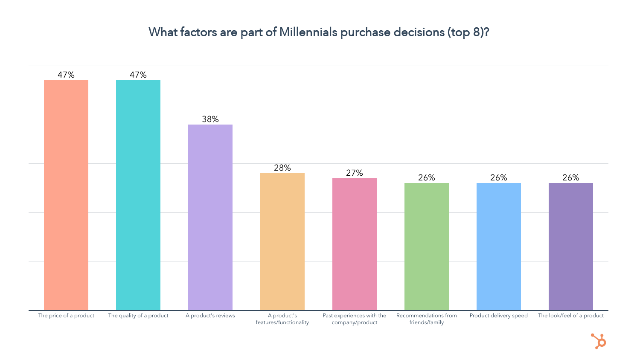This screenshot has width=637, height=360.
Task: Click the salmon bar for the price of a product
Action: (x=66, y=195)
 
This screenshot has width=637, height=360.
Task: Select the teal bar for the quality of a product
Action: (x=138, y=195)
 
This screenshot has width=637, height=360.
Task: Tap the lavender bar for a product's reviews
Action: (x=210, y=217)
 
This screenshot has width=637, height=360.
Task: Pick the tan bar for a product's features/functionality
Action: (x=282, y=241)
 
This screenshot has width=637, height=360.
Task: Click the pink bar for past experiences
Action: (x=355, y=244)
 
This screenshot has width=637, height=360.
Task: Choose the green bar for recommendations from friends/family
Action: (x=427, y=247)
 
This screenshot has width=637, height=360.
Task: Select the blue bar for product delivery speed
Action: (x=499, y=247)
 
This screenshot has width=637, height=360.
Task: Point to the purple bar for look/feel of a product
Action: (x=571, y=247)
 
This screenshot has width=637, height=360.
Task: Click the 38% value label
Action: (x=210, y=119)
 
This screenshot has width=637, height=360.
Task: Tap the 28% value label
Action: (x=282, y=168)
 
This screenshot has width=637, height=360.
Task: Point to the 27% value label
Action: (x=355, y=173)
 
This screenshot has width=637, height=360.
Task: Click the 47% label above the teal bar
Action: (x=138, y=75)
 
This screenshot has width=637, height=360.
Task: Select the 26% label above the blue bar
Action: (x=499, y=178)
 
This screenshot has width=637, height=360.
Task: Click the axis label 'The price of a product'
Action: (x=66, y=316)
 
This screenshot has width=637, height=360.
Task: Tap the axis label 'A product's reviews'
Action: (x=210, y=316)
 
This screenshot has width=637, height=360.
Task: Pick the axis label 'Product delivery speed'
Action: (x=499, y=316)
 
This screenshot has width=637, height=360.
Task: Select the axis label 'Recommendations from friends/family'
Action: (x=427, y=319)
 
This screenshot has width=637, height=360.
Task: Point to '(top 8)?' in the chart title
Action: (x=468, y=32)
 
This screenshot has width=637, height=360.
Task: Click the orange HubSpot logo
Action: (x=599, y=341)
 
